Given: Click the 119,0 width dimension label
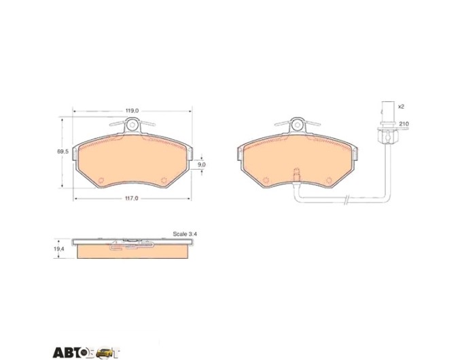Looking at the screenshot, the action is tap(132, 111).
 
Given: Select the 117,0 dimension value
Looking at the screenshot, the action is tap(131, 198).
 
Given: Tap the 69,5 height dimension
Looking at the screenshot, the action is tap(63, 151).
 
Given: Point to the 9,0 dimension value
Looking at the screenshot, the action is tap(202, 164).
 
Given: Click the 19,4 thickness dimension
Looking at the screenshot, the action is tap(59, 249).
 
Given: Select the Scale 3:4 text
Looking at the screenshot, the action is tap(185, 234).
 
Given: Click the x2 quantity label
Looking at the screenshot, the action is tap(401, 107).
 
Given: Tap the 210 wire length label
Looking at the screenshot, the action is tap(404, 124).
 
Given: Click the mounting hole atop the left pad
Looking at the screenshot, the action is tap(132, 125).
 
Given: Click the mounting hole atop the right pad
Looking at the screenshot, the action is tap(297, 125).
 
